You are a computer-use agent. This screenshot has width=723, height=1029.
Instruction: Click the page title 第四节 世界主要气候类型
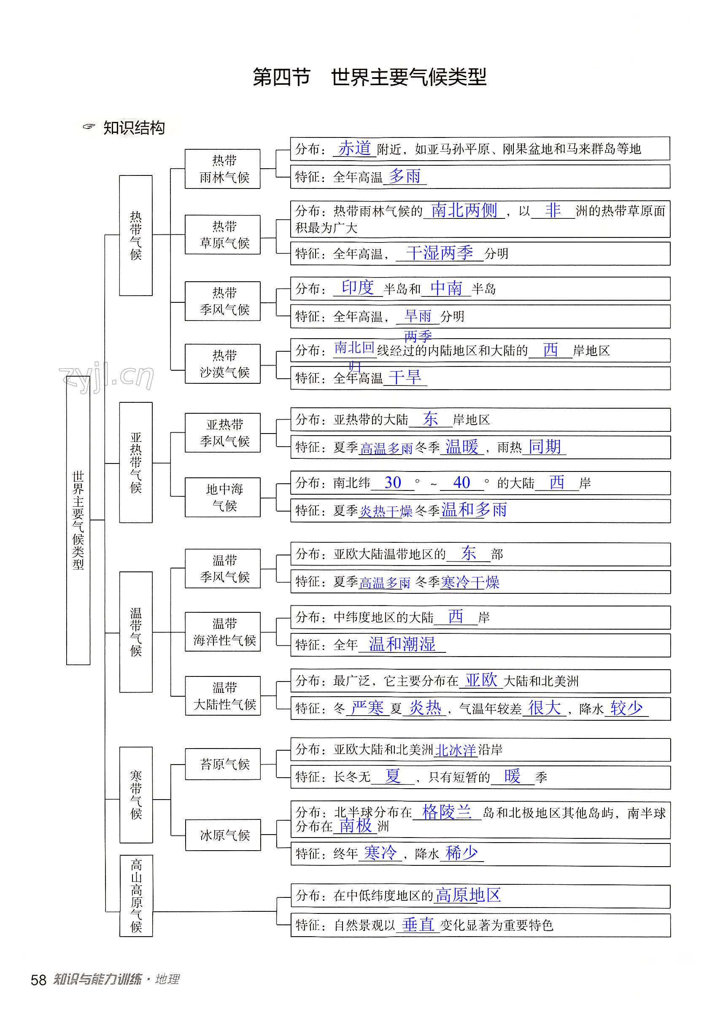pos(370,77)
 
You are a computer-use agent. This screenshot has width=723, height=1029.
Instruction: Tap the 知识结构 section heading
pos(134,128)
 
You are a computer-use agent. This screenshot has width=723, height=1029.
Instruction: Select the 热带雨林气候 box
pos(223,169)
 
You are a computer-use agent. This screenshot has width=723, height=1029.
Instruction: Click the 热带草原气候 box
pos(223,235)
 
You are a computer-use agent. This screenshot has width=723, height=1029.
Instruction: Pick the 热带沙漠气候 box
pos(223,364)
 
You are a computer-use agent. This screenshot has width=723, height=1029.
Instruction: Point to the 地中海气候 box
pos(223,497)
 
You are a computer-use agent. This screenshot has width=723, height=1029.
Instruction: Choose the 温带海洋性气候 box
pos(223,631)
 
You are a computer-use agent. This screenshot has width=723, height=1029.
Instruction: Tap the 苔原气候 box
pos(223,764)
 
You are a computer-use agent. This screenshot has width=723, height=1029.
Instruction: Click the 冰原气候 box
pos(223,835)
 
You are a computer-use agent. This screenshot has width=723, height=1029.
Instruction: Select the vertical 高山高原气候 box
pos(136,896)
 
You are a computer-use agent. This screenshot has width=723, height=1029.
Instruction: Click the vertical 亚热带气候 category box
pos(136,463)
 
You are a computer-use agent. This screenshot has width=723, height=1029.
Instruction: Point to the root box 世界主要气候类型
pos(78,520)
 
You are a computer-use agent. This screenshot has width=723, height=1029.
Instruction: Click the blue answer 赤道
pos(355,148)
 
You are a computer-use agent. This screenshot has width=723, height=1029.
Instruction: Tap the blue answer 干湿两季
pos(440,253)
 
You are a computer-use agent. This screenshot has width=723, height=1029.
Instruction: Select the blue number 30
pos(393,483)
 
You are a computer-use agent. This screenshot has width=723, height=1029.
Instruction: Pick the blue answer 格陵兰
pos(447,812)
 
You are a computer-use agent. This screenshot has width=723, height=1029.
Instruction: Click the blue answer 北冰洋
pos(456,750)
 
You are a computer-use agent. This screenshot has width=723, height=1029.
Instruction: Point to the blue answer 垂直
pos(418,924)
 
